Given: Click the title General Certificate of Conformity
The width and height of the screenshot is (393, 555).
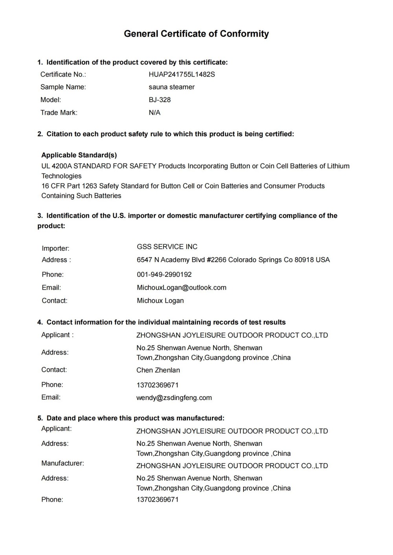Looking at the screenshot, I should click(x=196, y=34).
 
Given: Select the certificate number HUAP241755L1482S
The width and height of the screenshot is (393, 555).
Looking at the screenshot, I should click(x=182, y=74).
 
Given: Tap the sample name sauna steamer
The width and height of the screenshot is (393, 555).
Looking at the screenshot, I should click(x=171, y=87).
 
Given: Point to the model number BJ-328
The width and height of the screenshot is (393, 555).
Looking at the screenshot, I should click(x=160, y=100).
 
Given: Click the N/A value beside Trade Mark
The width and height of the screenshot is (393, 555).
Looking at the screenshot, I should click(x=154, y=113).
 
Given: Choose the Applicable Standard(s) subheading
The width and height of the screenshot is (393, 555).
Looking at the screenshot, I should click(x=79, y=155).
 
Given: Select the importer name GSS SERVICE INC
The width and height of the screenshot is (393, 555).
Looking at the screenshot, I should click(x=167, y=247).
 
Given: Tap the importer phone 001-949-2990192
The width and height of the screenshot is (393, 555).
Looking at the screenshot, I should click(x=164, y=274).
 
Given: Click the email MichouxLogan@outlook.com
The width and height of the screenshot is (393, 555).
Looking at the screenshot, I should click(x=182, y=288).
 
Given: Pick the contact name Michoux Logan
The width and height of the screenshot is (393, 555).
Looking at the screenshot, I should click(x=160, y=301).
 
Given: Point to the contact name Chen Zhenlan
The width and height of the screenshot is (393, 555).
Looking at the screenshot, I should click(x=158, y=370).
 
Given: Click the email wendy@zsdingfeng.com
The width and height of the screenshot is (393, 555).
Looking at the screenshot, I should click(x=174, y=398).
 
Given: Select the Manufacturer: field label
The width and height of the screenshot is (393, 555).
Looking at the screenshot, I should click(x=62, y=463).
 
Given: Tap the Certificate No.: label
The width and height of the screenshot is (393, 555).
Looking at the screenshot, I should click(x=63, y=74).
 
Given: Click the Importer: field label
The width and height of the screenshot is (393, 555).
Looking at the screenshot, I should click(x=55, y=248).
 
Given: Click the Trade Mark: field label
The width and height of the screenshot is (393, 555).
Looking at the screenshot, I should click(x=59, y=113).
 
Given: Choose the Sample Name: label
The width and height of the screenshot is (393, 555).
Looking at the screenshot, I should click(x=63, y=87).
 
